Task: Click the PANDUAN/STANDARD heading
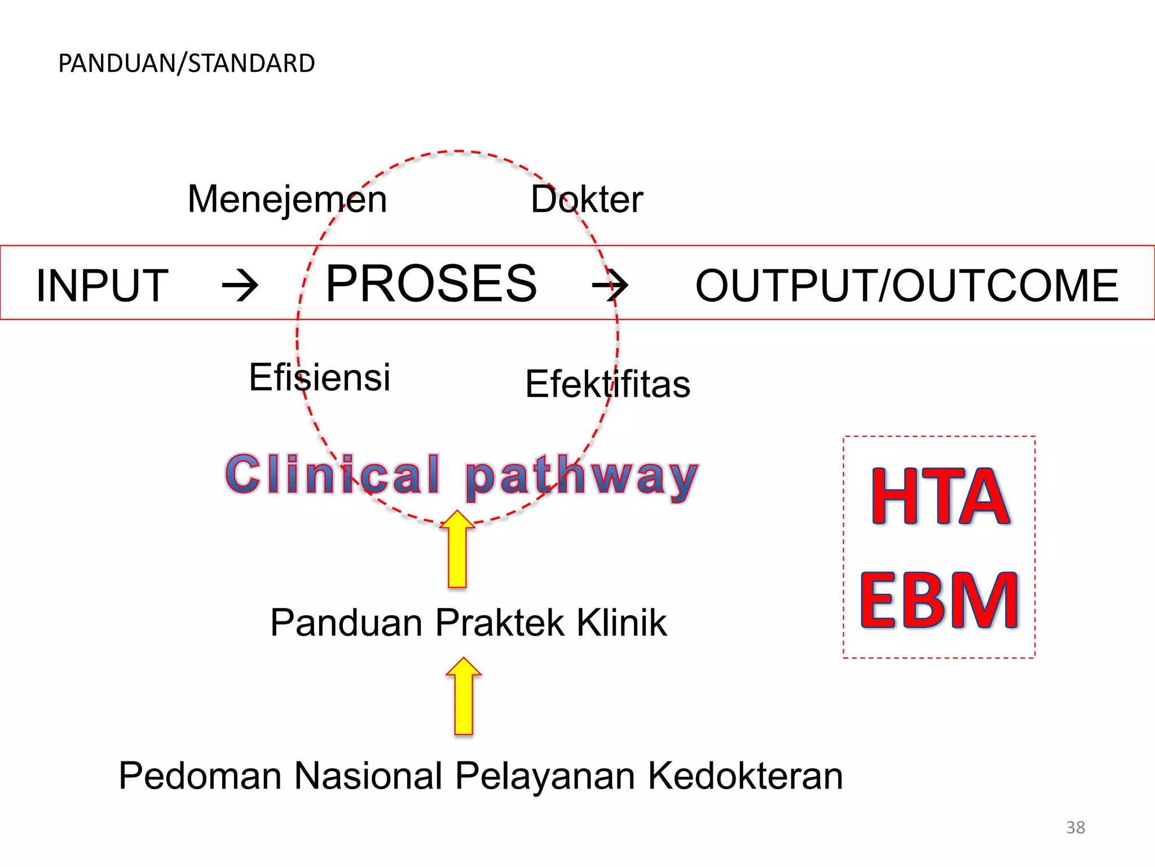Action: pos(186,63)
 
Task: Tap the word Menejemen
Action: pos(287,199)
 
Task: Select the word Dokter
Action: pos(587,199)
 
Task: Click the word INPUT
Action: pos(102,286)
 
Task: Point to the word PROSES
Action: pos(431,283)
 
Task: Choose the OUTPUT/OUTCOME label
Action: pos(907,286)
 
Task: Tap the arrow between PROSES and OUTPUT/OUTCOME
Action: pos(610,285)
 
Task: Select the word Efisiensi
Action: pos(319,377)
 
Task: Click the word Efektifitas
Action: pos(607,384)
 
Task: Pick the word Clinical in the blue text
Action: pos(333,474)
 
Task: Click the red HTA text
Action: pos(940,497)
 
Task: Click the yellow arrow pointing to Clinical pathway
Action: pos(457,550)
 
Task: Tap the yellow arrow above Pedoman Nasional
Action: pos(464,697)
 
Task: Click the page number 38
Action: pos(1075,827)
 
